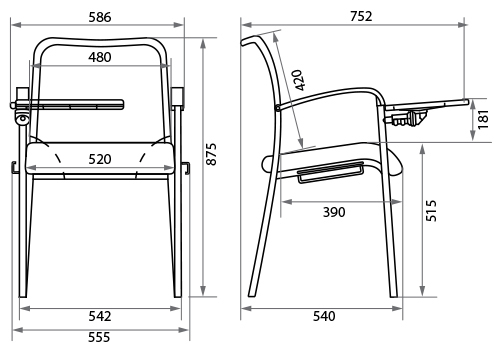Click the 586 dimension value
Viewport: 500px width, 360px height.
[100, 17]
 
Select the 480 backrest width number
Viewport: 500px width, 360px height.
[100, 57]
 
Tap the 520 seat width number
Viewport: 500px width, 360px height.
[100, 159]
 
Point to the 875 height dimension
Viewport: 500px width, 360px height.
[211, 154]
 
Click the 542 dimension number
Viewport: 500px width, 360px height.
[100, 316]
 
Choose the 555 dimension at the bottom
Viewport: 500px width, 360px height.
[99, 337]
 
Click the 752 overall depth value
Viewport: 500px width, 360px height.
[361, 16]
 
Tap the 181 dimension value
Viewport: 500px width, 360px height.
[483, 119]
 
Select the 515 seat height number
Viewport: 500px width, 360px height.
[431, 211]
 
